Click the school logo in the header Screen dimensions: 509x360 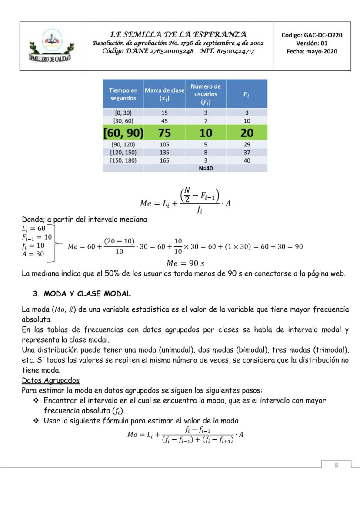tap(51, 46)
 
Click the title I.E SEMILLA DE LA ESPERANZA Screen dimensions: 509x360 tap(178, 34)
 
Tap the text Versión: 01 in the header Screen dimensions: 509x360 tap(312, 43)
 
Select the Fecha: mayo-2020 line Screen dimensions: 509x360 tap(312, 51)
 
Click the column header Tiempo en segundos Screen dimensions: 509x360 tap(123, 94)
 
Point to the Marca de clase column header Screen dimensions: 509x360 tap(164, 94)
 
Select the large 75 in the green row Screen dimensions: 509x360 tap(164, 133)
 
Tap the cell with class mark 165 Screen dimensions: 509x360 tap(164, 160)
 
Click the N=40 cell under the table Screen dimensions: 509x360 tap(205, 168)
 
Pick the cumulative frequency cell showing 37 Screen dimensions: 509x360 tap(247, 153)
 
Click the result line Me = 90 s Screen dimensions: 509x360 tap(185, 263)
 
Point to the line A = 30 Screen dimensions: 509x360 tap(33, 254)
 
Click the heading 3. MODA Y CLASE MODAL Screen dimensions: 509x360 tap(82, 294)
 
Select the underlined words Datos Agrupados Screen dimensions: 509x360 tap(50, 380)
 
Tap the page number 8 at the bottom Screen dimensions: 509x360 tap(336, 465)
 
